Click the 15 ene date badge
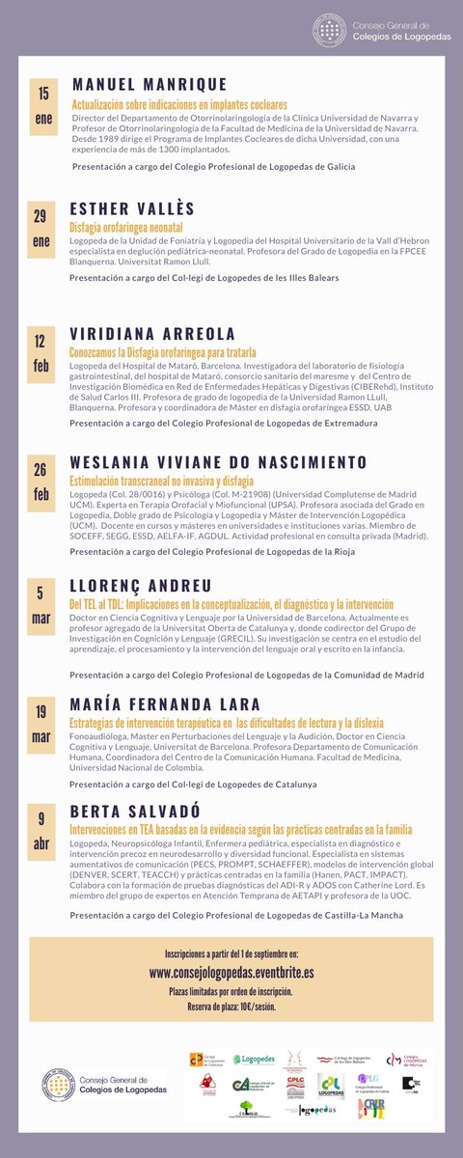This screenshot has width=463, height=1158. pyautogui.click(x=42, y=104)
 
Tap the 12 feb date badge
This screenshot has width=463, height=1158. pyautogui.click(x=41, y=353)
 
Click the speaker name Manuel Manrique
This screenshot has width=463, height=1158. pyautogui.click(x=149, y=85)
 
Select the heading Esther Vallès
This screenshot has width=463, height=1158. pyautogui.click(x=132, y=209)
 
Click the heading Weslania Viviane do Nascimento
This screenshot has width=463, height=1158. pyautogui.click(x=218, y=461)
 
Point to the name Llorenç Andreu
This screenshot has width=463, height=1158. pyautogui.click(x=140, y=586)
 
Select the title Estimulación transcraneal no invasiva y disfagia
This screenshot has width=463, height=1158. pyautogui.click(x=161, y=480)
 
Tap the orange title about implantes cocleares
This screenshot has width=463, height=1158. pyautogui.click(x=178, y=103)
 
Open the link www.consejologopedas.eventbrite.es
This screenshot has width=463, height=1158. pyautogui.click(x=231, y=975)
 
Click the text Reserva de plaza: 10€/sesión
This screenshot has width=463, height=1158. pyautogui.click(x=231, y=1006)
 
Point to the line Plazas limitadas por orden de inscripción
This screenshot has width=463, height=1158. pyautogui.click(x=231, y=991)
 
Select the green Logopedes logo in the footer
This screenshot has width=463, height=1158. pyautogui.click(x=258, y=1060)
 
